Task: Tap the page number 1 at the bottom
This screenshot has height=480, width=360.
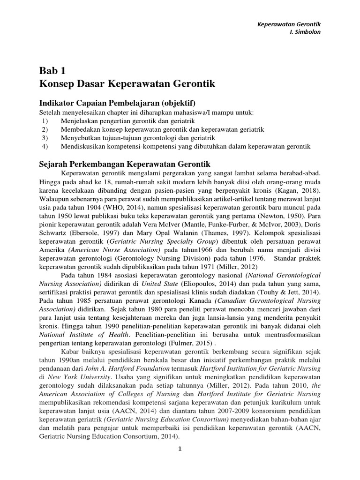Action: click(x=179, y=449)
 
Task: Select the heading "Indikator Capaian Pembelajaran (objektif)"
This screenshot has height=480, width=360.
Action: click(x=116, y=103)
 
